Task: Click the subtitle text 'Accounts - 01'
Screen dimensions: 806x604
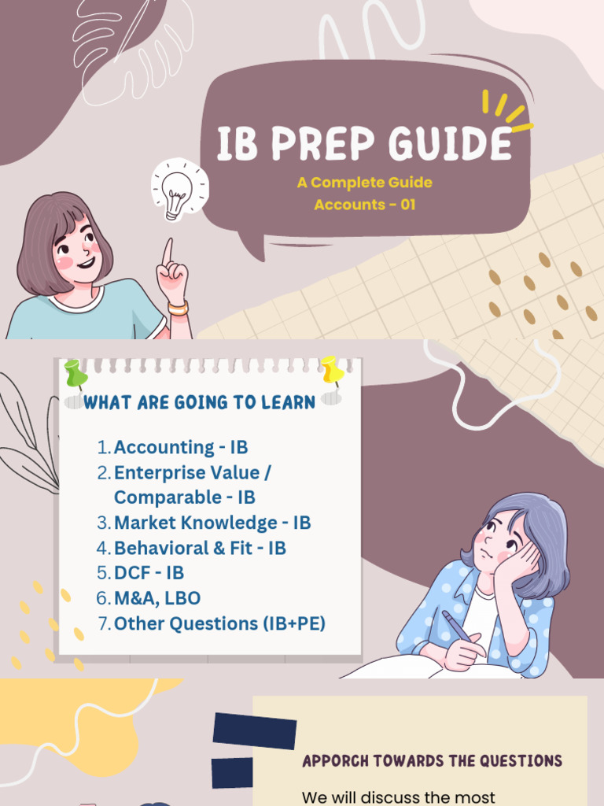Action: pyautogui.click(x=364, y=205)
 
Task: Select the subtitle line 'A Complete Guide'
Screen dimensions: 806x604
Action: pyautogui.click(x=364, y=183)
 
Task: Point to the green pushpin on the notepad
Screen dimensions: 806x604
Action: pyautogui.click(x=76, y=373)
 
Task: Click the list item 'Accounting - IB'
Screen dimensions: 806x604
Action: pyautogui.click(x=181, y=447)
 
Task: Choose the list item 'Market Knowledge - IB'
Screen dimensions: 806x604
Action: pyautogui.click(x=212, y=523)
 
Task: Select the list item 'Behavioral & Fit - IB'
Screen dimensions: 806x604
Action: pyautogui.click(x=200, y=548)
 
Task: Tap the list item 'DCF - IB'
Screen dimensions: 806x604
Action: pyautogui.click(x=149, y=573)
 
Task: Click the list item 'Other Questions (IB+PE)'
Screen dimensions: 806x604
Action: pyautogui.click(x=219, y=623)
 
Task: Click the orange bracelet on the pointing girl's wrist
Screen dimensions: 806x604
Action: pyautogui.click(x=179, y=307)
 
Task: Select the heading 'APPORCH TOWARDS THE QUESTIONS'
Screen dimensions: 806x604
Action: pyautogui.click(x=432, y=761)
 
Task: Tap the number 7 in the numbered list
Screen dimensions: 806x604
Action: pyautogui.click(x=102, y=623)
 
